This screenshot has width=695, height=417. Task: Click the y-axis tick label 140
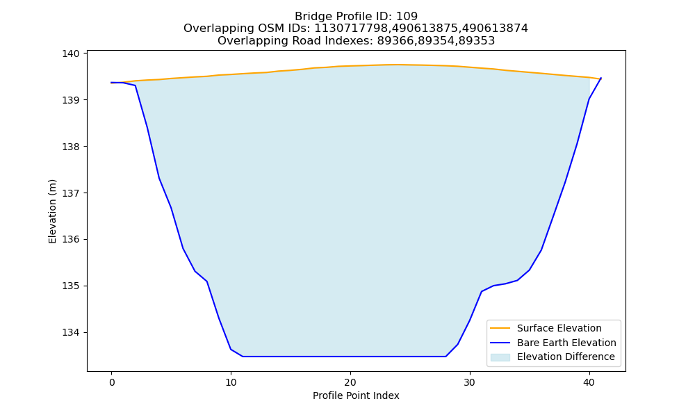pyautogui.click(x=71, y=54)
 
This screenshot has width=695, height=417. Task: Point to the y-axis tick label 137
pyautogui.click(x=71, y=193)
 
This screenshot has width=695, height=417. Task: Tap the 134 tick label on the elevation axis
pyautogui.click(x=71, y=332)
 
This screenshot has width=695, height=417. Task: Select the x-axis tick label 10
pyautogui.click(x=231, y=382)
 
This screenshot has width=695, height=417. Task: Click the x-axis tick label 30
pyautogui.click(x=470, y=382)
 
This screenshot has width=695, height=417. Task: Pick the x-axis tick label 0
pyautogui.click(x=112, y=382)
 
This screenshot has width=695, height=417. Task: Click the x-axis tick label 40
pyautogui.click(x=589, y=382)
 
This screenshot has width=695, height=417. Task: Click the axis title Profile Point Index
pyautogui.click(x=356, y=395)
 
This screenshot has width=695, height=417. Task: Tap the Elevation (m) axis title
pyautogui.click(x=52, y=211)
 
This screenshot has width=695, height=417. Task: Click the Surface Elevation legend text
pyautogui.click(x=559, y=328)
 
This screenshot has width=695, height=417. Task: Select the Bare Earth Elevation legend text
pyautogui.click(x=566, y=343)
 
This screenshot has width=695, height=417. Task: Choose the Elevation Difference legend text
pyautogui.click(x=566, y=357)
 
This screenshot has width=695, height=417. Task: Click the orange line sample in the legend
pyautogui.click(x=500, y=328)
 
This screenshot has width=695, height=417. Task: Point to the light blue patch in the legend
pyautogui.click(x=500, y=357)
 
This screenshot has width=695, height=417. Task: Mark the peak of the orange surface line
pyautogui.click(x=398, y=65)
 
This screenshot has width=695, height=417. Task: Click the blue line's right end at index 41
pyautogui.click(x=601, y=78)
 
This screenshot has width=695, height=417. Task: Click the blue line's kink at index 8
pyautogui.click(x=207, y=281)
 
